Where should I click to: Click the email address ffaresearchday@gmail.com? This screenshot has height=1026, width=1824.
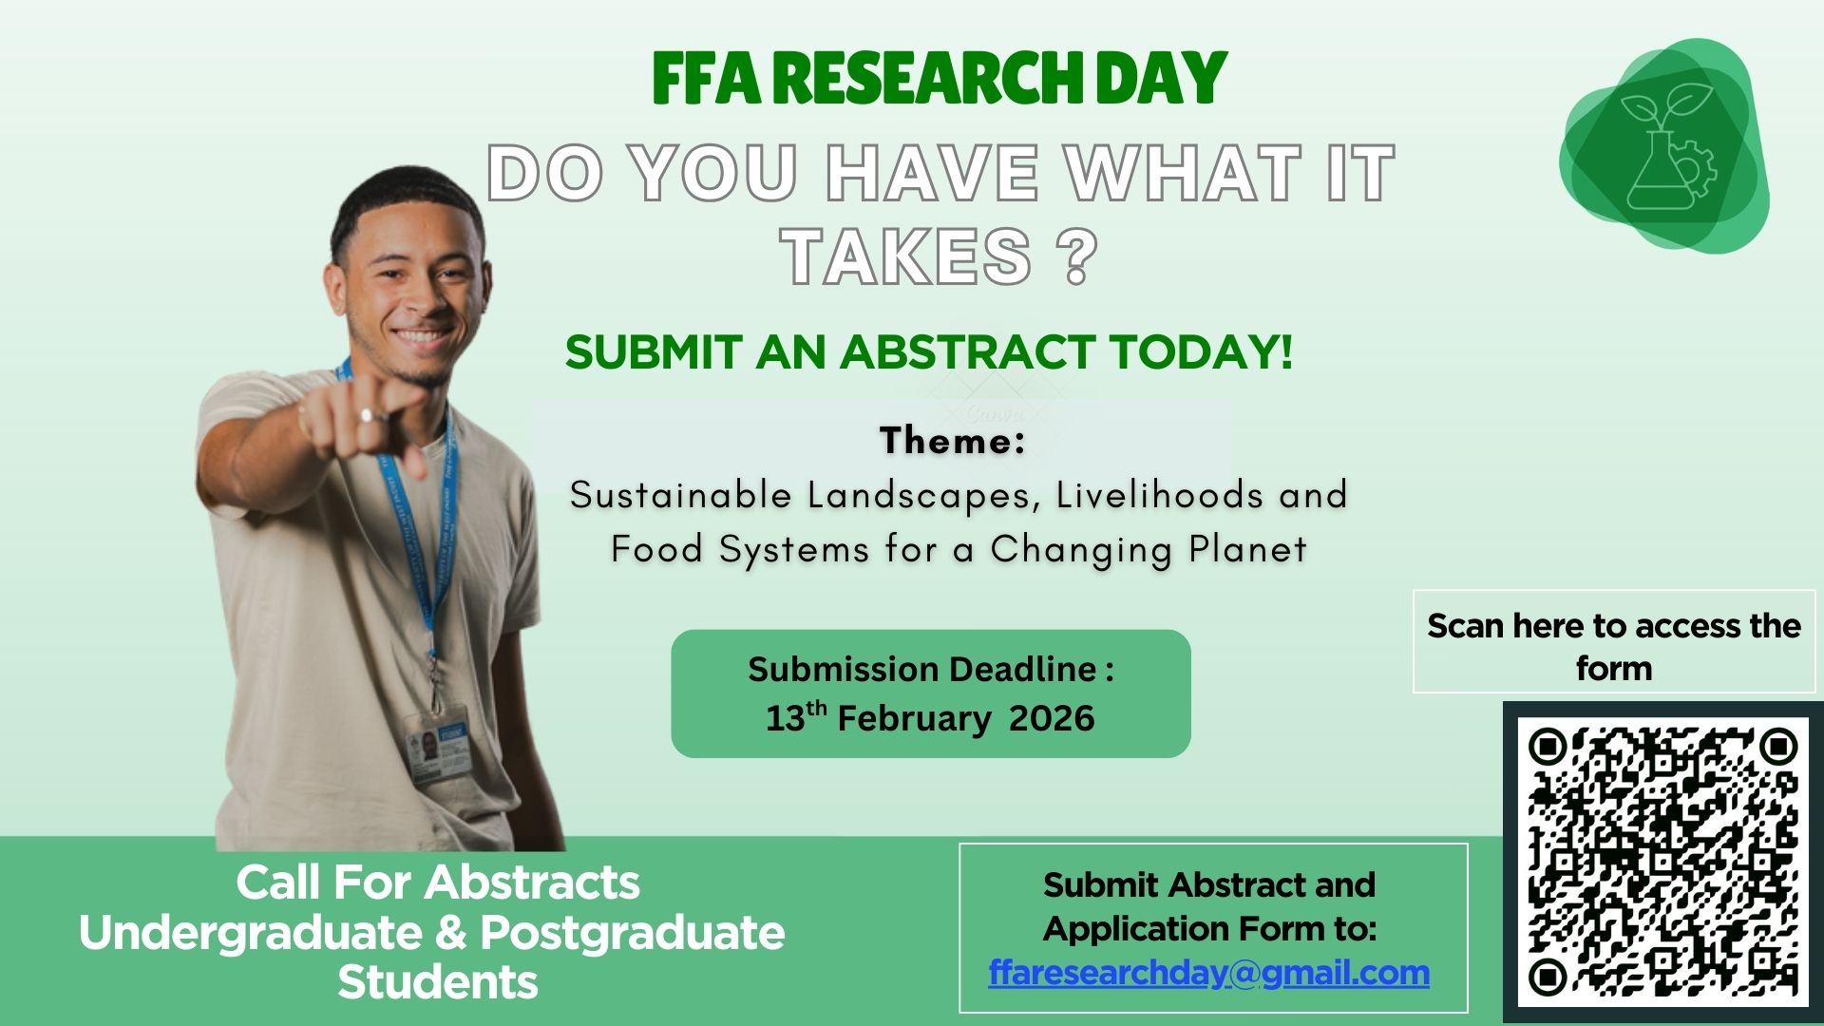pyautogui.click(x=1208, y=973)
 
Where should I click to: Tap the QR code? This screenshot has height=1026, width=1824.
pyautogui.click(x=1662, y=862)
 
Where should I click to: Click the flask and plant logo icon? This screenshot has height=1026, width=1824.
pyautogui.click(x=1663, y=146)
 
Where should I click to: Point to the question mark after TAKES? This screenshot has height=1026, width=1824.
pyautogui.click(x=1076, y=256)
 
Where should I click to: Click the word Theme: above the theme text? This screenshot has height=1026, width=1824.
pyautogui.click(x=953, y=441)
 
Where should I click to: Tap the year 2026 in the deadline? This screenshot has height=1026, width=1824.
pyautogui.click(x=1052, y=718)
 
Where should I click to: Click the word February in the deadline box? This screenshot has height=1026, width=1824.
pyautogui.click(x=913, y=718)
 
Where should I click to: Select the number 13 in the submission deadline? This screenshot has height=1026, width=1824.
pyautogui.click(x=785, y=719)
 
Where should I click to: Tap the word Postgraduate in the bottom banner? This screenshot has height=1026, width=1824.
pyautogui.click(x=633, y=933)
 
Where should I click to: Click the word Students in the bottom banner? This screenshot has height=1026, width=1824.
pyautogui.click(x=438, y=982)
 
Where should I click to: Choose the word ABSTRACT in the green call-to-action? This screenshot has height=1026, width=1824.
pyautogui.click(x=967, y=352)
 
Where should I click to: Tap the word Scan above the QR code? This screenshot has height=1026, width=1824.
pyautogui.click(x=1464, y=626)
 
